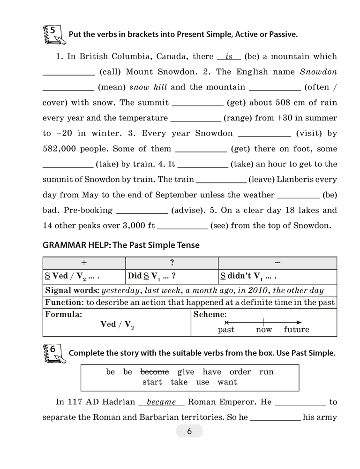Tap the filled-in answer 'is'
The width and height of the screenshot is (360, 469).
click(229, 57)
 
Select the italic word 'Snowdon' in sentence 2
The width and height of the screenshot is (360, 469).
click(318, 72)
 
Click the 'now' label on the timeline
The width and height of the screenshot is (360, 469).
click(264, 330)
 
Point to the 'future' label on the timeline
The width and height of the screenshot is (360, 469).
click(296, 330)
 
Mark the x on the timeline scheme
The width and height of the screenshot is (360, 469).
click(226, 323)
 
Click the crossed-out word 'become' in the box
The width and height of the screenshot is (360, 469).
click(155, 372)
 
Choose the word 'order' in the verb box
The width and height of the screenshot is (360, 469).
click(240, 372)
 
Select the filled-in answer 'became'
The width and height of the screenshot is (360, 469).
click(161, 402)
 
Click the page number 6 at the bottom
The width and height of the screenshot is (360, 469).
click(189, 431)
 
